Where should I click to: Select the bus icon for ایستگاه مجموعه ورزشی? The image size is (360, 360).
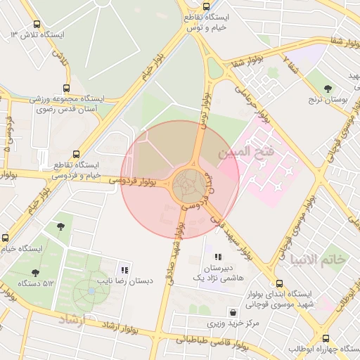(66, 89)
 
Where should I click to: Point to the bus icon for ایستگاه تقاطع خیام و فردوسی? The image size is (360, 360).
(77, 154)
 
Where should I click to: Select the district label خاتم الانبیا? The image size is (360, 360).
(319, 259)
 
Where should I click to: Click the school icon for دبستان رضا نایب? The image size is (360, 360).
(125, 270)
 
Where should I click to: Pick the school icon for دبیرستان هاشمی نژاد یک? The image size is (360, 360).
(219, 257)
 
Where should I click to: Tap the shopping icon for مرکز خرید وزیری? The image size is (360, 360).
(232, 311)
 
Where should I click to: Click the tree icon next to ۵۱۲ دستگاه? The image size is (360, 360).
(34, 273)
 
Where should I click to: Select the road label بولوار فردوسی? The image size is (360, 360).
(133, 182)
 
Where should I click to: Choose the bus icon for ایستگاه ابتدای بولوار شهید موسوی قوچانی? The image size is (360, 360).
(270, 283)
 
